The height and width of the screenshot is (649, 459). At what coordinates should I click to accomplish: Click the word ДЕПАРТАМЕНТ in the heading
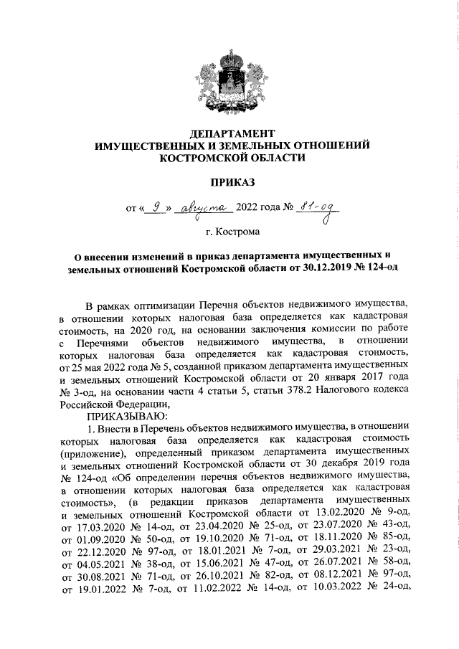(232, 133)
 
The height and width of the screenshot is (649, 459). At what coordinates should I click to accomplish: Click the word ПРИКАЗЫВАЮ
(126, 416)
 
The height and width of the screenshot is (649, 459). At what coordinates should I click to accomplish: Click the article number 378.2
(279, 389)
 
